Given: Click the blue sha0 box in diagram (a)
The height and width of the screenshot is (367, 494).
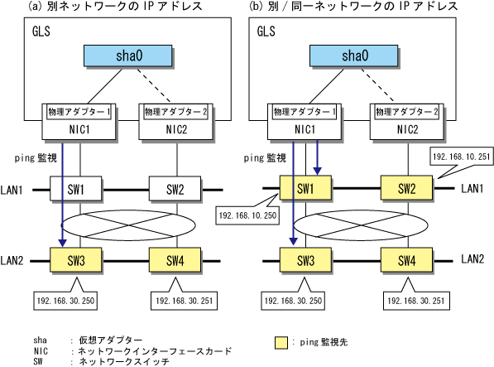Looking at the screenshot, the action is [128, 56].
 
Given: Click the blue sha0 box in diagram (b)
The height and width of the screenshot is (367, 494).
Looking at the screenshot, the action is [354, 56].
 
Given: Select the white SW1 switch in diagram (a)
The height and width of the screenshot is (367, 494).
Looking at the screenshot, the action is [76, 189].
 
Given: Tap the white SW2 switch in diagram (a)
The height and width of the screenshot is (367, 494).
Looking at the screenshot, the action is [175, 189].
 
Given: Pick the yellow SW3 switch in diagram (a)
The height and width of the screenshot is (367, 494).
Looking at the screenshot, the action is [76, 260].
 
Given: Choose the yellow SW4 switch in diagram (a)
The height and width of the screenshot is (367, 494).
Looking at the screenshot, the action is [175, 260].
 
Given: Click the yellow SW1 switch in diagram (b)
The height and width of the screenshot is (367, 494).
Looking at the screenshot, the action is [305, 188].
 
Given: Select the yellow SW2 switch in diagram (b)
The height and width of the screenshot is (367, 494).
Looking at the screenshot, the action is [407, 188].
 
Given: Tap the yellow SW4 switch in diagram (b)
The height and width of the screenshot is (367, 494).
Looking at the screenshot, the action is [407, 260].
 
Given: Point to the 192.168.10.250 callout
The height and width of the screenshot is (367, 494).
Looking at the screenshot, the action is [247, 215].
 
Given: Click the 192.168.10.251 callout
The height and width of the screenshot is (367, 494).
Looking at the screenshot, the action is [462, 157].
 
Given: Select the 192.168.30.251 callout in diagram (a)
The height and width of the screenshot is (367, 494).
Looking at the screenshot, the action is [184, 300].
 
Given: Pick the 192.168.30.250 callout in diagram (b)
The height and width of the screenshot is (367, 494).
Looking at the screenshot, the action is [293, 300].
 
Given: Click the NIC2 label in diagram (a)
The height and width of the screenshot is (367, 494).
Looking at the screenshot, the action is [176, 129].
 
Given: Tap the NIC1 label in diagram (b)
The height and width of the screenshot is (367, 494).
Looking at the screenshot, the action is [305, 129].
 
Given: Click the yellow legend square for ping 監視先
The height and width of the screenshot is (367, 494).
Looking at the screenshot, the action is [281, 343].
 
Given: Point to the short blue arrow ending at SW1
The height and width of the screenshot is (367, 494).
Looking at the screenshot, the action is [317, 157].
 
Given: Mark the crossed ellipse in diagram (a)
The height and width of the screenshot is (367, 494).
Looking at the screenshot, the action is [128, 225].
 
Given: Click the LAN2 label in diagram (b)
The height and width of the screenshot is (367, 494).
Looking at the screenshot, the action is [472, 258].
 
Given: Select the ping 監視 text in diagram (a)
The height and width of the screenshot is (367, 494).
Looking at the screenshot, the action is [36, 157].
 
